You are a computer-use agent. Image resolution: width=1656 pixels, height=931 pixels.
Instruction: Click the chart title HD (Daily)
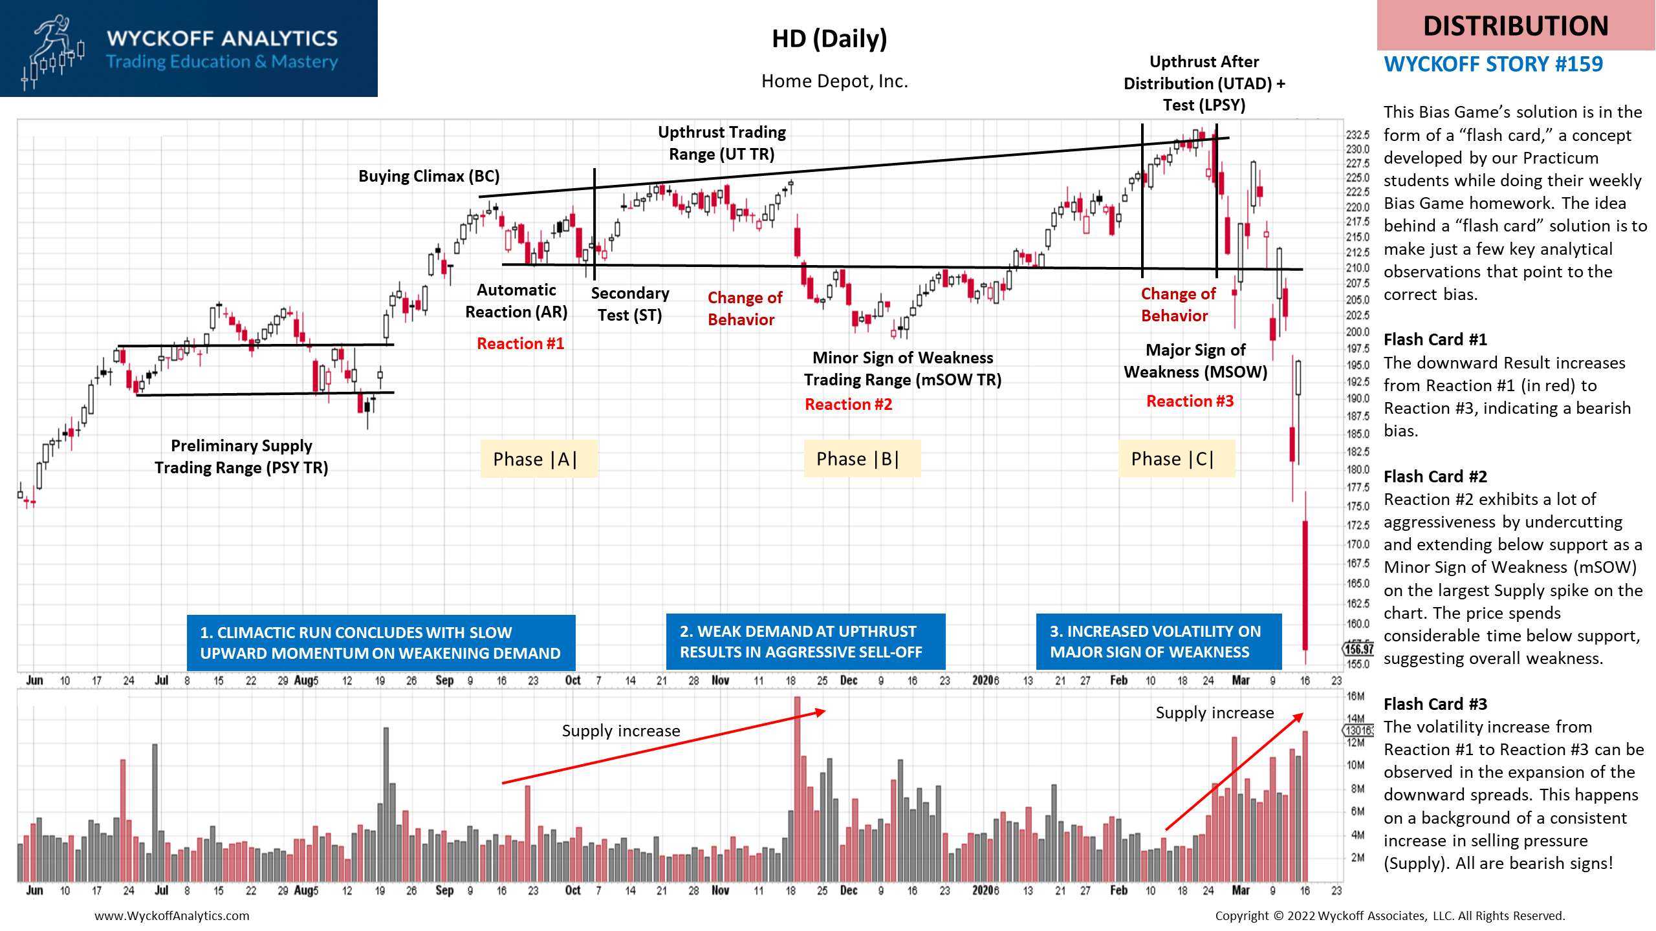click(829, 39)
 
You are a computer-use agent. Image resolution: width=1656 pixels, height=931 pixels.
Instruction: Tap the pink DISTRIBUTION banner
click(1516, 25)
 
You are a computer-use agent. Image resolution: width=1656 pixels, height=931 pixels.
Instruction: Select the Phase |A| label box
click(538, 459)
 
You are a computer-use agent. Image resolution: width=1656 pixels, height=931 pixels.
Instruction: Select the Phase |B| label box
click(862, 459)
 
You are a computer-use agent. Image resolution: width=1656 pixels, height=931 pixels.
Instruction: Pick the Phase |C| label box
click(1177, 459)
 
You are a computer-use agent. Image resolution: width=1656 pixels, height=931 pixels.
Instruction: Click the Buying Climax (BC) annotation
click(429, 177)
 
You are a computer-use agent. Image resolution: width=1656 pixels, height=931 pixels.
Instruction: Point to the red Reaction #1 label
click(521, 343)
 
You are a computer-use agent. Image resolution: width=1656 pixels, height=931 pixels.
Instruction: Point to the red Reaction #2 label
click(849, 404)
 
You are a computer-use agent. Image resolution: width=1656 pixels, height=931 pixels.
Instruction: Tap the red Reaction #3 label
click(1190, 401)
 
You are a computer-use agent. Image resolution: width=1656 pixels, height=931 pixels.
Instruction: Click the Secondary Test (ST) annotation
click(630, 304)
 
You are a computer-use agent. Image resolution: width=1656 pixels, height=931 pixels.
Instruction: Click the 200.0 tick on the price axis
click(1358, 332)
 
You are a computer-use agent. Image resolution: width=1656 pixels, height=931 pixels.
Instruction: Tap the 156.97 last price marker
click(1358, 648)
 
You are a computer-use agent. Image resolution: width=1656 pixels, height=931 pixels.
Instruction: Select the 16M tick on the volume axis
click(1355, 696)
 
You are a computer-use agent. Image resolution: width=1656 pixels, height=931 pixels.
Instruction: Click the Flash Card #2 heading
click(1435, 476)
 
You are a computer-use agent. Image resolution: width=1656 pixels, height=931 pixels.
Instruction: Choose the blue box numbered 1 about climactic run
click(381, 643)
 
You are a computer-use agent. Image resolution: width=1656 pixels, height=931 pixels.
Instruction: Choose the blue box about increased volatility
click(1159, 641)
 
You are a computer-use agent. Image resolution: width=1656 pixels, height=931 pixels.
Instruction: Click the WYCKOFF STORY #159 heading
click(1494, 64)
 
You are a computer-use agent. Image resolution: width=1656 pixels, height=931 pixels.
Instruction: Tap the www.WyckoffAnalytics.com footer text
click(172, 915)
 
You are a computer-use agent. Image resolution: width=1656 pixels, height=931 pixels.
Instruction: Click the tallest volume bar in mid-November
click(797, 789)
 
